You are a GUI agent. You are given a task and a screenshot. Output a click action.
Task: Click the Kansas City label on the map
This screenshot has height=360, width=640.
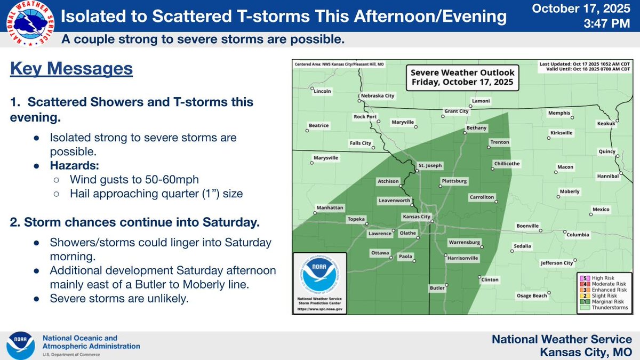[416, 217]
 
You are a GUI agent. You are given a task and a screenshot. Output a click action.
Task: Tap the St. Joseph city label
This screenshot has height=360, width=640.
[429, 165]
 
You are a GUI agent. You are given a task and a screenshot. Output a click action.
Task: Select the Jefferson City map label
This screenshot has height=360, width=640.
[556, 263]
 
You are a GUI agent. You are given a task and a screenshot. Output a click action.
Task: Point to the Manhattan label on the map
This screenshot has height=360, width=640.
[330, 207]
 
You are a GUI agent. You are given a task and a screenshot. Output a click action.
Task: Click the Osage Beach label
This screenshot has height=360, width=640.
[531, 295]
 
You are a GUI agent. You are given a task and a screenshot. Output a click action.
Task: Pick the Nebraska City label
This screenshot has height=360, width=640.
[378, 96]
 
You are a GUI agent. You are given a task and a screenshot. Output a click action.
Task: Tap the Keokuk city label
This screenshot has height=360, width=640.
[606, 124]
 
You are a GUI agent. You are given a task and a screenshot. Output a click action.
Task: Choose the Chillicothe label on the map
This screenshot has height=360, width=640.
[507, 164]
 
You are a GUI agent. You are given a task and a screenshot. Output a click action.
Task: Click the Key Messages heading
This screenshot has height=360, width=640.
[71, 69]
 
